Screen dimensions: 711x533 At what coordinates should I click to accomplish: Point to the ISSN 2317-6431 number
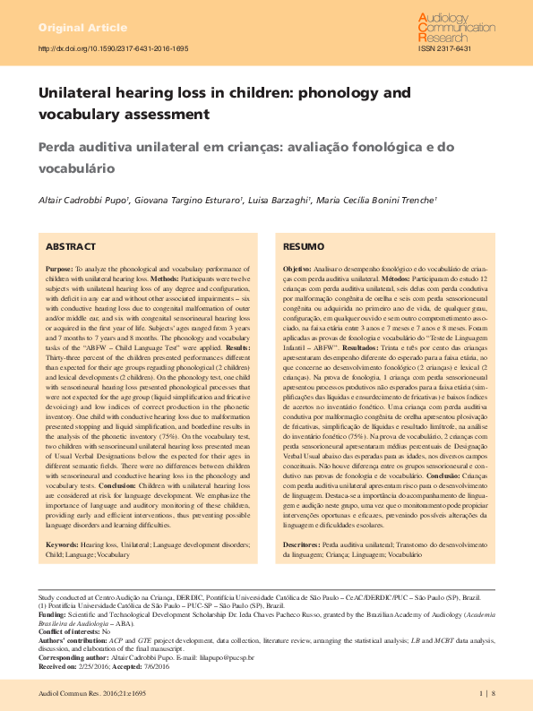click(444, 48)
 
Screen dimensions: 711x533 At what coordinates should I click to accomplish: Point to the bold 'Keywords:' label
click(62, 519)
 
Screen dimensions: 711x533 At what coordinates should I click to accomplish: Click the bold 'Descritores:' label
click(302, 519)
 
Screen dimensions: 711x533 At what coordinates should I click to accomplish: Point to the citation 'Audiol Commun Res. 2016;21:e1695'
click(91, 693)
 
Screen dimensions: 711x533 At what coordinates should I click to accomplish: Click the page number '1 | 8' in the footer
click(486, 693)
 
